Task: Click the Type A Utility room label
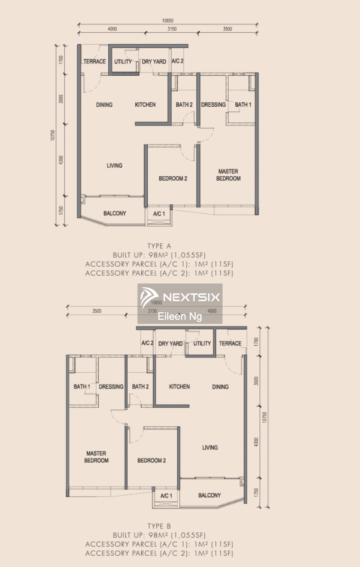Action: [123, 62]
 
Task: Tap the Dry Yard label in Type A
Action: [154, 62]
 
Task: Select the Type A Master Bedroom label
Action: [228, 175]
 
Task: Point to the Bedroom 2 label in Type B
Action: [152, 460]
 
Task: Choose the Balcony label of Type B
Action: [209, 495]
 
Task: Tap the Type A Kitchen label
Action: [145, 105]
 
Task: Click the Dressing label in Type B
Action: [111, 387]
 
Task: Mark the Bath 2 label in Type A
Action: [184, 105]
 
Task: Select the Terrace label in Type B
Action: [230, 343]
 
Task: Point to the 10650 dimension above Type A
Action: [168, 20]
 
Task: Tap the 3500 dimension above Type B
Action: [97, 311]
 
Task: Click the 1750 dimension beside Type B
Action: [256, 492]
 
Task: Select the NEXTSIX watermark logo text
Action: [192, 297]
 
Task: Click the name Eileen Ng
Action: [180, 316]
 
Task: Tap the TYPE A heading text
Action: [159, 246]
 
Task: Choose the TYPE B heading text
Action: [159, 526]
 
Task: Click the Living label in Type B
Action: [210, 447]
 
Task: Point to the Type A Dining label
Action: [104, 105]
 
